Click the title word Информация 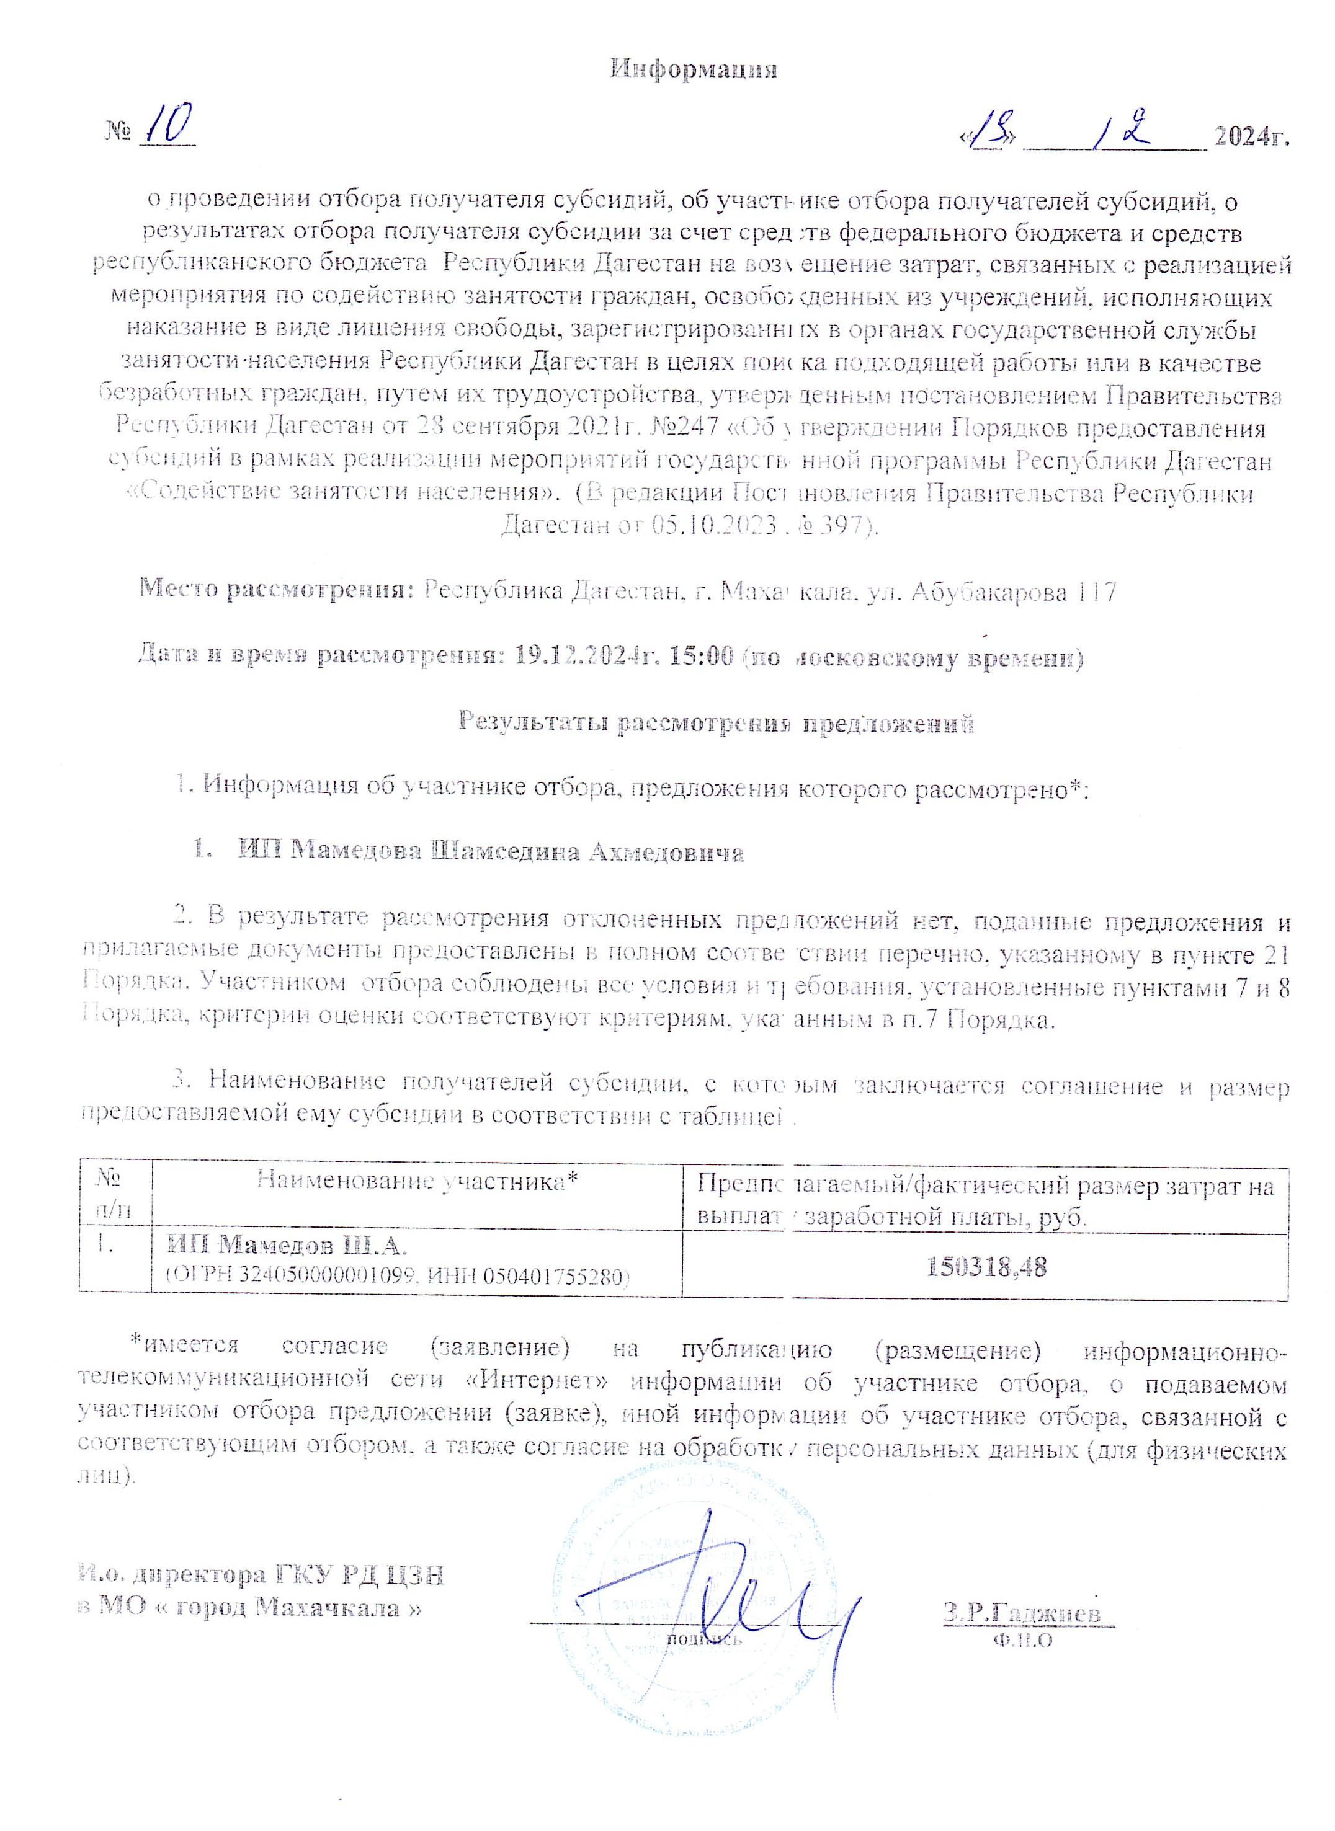click(x=694, y=69)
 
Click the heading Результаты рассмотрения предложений click(x=716, y=722)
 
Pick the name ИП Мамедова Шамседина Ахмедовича click(x=491, y=852)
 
